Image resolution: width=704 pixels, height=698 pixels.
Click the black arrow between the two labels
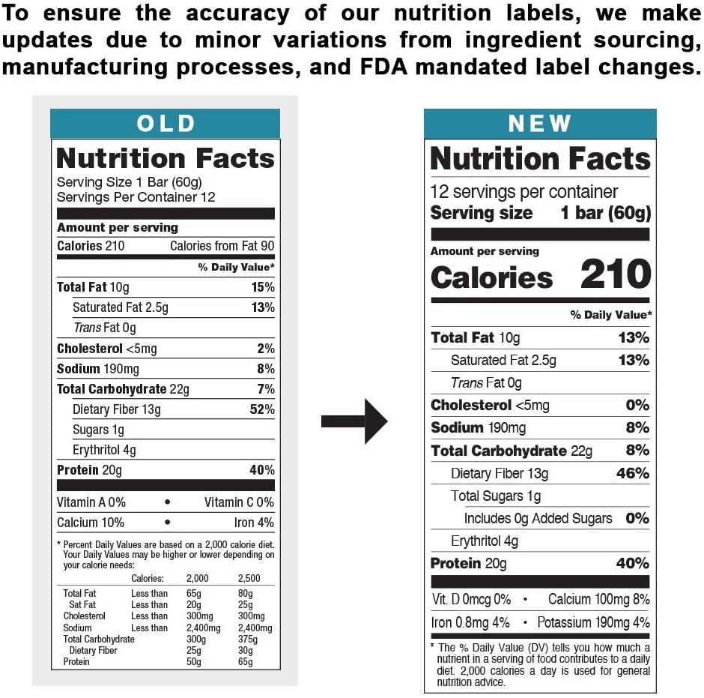tap(353, 421)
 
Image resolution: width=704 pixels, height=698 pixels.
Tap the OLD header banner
tap(166, 124)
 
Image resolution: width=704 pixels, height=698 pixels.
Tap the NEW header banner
tap(539, 124)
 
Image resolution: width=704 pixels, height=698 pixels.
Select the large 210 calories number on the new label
tap(616, 275)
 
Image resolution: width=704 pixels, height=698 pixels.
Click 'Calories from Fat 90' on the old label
tap(222, 246)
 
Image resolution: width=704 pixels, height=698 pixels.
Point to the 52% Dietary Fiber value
tap(261, 409)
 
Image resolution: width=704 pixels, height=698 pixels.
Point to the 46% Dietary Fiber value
tap(633, 473)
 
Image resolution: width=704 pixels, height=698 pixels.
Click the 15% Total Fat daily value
tap(262, 287)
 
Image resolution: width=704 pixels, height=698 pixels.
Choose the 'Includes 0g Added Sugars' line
tap(538, 518)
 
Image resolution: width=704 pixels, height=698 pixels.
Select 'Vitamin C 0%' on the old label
tap(239, 502)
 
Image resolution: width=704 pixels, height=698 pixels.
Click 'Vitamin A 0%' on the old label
tap(91, 502)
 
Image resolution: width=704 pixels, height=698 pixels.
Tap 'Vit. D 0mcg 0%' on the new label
tap(471, 600)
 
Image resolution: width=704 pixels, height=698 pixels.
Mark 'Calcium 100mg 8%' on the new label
tap(598, 600)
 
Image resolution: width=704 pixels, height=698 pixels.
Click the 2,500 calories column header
tap(250, 578)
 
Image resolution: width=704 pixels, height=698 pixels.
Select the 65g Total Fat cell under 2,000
tap(194, 594)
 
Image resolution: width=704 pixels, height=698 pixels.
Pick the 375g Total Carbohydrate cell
tap(247, 640)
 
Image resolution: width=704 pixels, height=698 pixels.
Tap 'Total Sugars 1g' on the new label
tap(495, 496)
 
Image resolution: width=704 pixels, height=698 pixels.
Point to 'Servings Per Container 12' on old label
tap(136, 197)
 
